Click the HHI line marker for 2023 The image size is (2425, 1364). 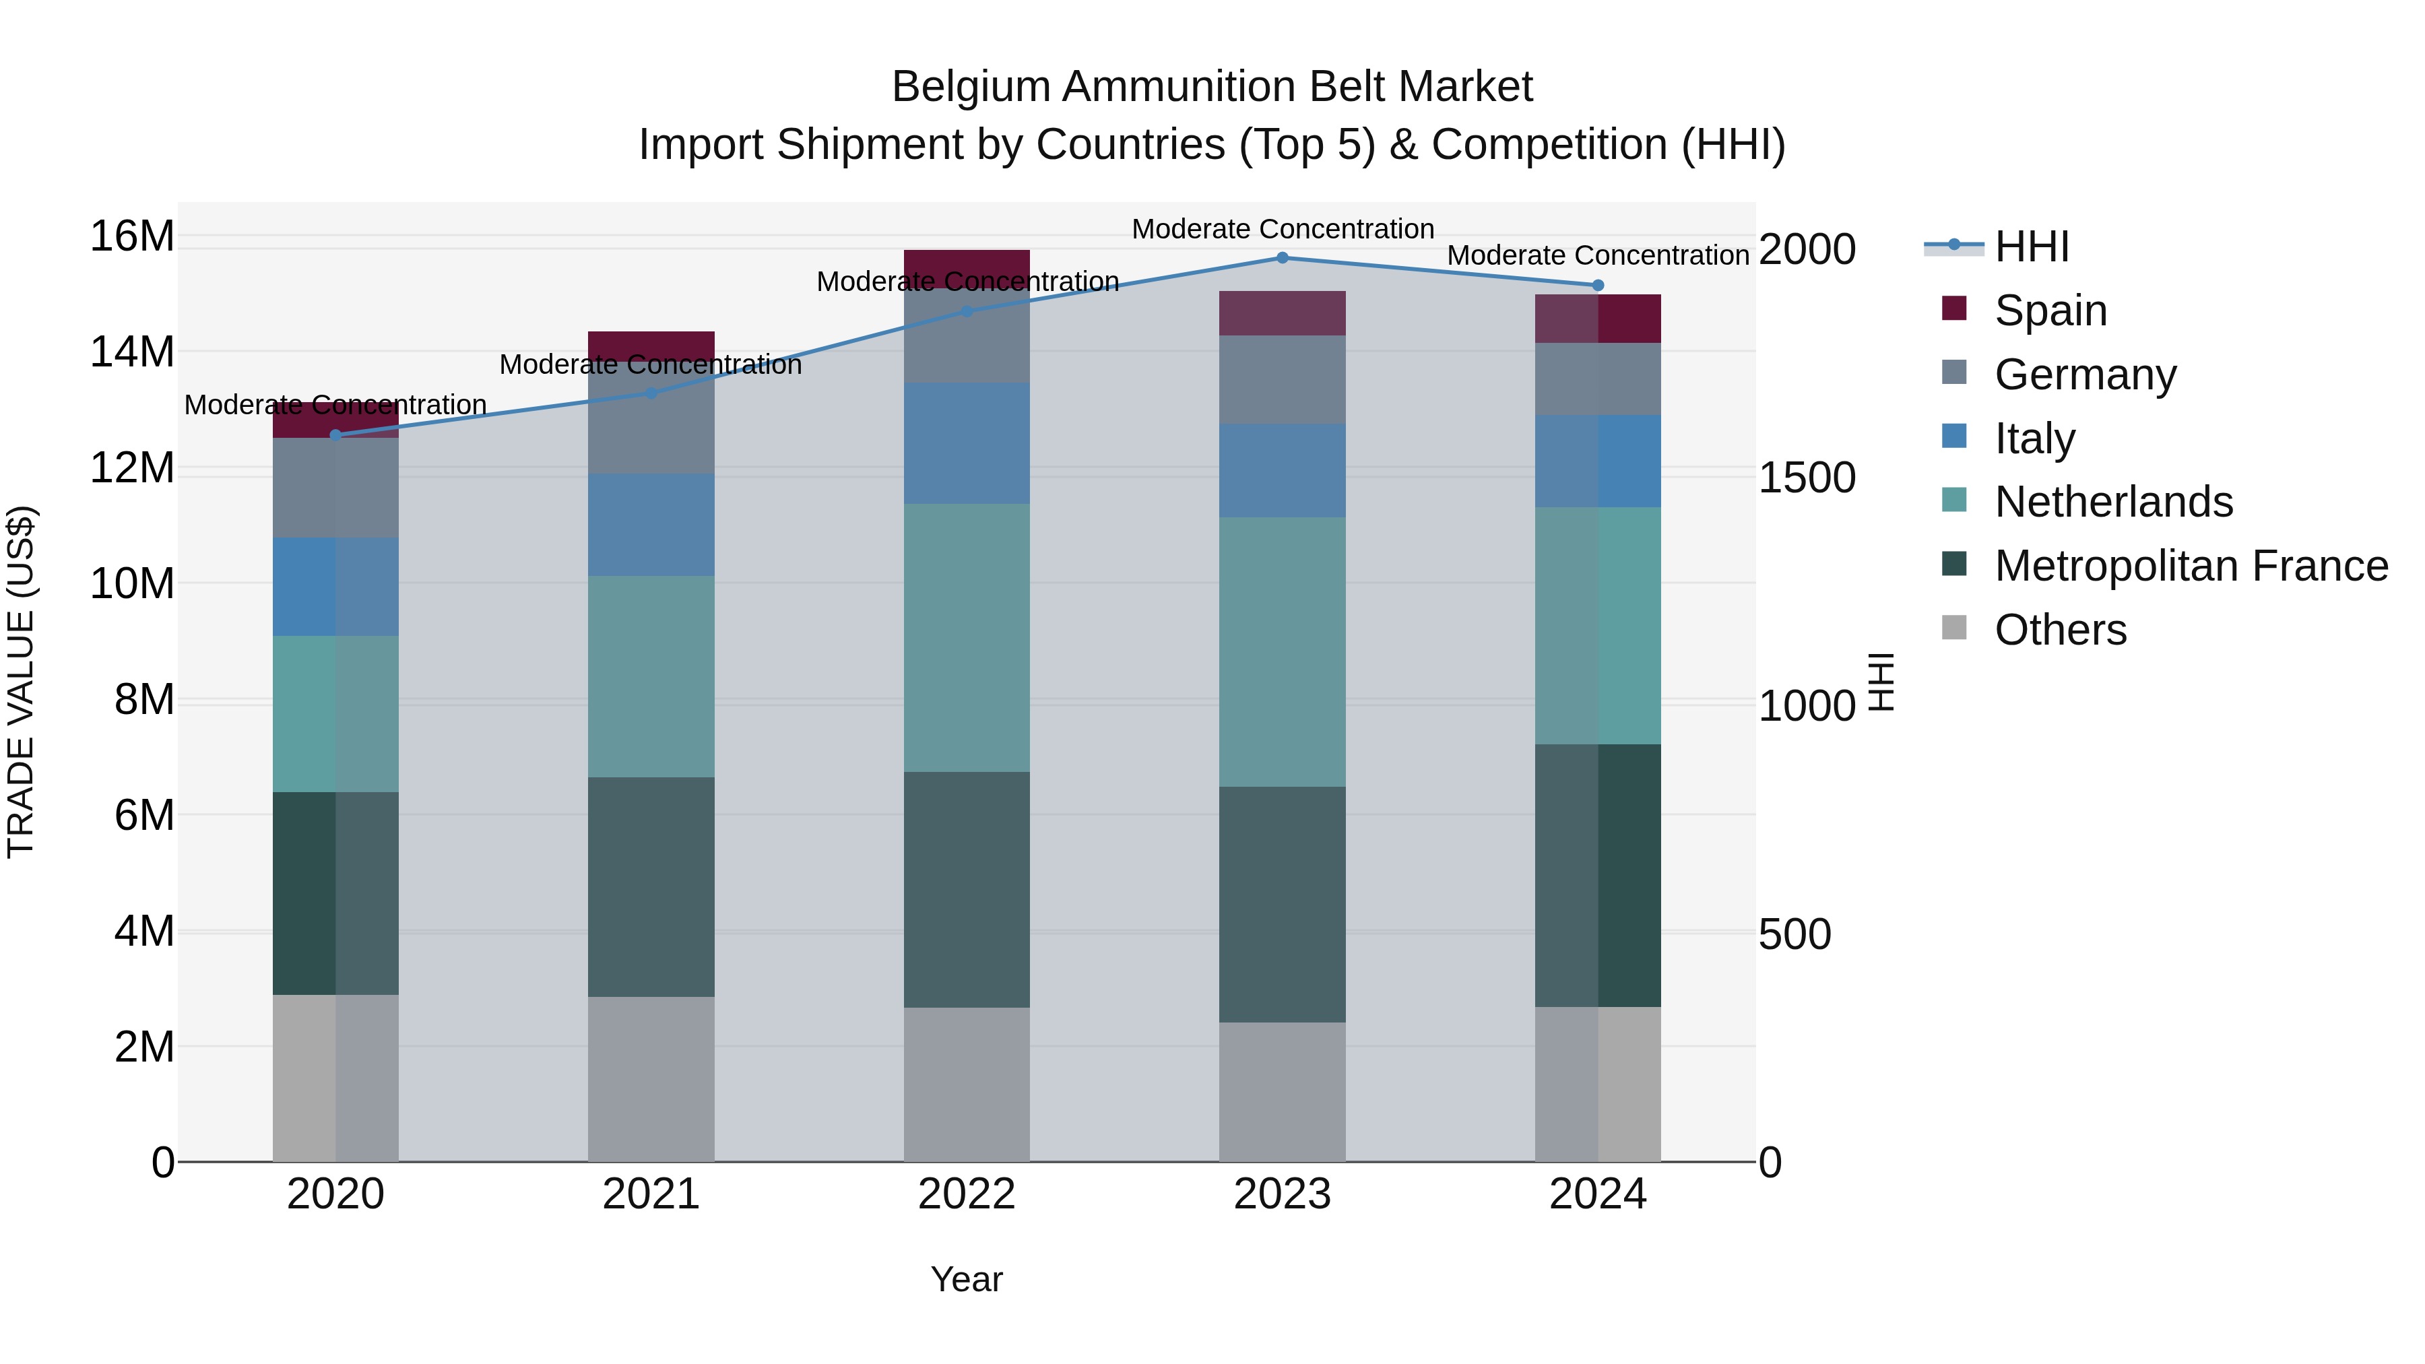point(1282,258)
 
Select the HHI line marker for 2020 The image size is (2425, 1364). point(335,435)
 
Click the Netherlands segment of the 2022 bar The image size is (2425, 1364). point(967,639)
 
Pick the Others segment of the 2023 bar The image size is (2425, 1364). point(1282,1092)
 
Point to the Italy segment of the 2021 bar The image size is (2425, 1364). point(651,525)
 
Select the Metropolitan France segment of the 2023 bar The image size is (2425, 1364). point(1282,905)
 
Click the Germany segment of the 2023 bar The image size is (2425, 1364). point(1282,379)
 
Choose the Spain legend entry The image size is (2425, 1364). point(2050,311)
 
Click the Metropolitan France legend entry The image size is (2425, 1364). point(2191,566)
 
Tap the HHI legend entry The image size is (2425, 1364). point(2032,247)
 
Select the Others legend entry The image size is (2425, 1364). point(2060,630)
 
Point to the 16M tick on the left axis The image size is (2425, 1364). point(132,235)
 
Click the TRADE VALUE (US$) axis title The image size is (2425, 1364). point(21,682)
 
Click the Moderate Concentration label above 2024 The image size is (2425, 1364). point(1598,255)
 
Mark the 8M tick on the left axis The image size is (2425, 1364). point(144,699)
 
